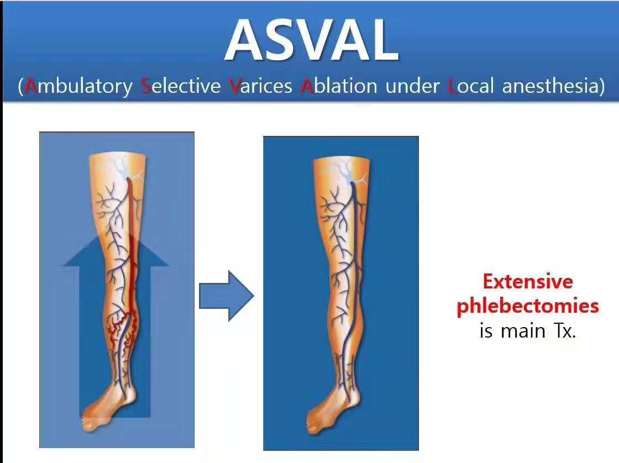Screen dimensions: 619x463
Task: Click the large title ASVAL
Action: [312, 40]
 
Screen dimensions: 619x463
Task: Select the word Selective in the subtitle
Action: [181, 86]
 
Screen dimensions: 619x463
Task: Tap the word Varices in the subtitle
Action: [260, 86]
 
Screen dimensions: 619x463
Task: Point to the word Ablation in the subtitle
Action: [339, 86]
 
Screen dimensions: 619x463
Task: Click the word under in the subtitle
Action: [412, 86]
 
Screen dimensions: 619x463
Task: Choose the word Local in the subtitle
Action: [471, 86]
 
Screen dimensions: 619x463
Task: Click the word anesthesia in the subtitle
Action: [550, 86]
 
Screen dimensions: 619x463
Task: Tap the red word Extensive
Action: [528, 281]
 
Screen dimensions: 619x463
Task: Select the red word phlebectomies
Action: [528, 306]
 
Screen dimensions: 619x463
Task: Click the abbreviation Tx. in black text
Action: [565, 330]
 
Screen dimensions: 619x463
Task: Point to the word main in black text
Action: [523, 331]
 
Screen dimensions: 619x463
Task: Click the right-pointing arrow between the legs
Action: [227, 296]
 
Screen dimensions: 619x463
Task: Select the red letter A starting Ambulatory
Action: [31, 86]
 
